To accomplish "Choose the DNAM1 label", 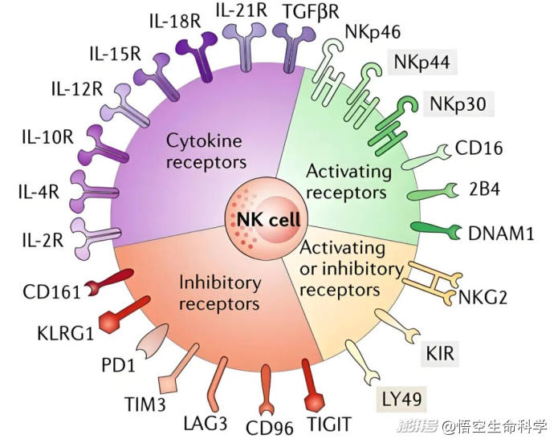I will pos(501,234).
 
